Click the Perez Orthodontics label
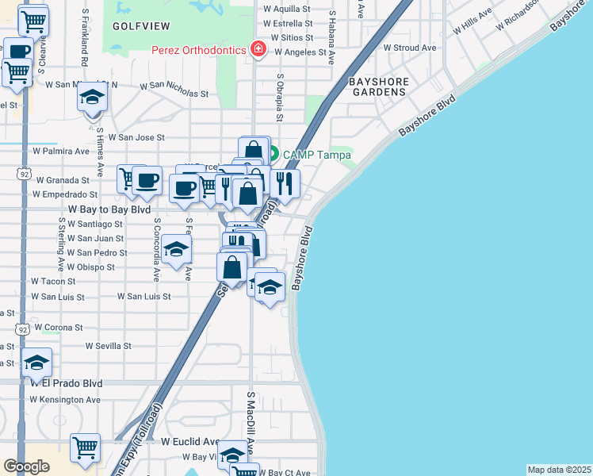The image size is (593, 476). [x=199, y=50]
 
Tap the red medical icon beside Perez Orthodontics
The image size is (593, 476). [x=257, y=49]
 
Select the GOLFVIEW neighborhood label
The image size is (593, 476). [x=136, y=25]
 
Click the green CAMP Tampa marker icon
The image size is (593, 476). [x=271, y=153]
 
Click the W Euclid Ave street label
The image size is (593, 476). [x=190, y=441]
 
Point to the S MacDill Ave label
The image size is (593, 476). [x=251, y=420]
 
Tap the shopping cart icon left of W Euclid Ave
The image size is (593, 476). [x=85, y=447]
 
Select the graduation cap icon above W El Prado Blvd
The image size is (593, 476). [x=37, y=362]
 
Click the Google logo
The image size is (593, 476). [x=26, y=466]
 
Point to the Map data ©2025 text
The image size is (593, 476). [x=559, y=470]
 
